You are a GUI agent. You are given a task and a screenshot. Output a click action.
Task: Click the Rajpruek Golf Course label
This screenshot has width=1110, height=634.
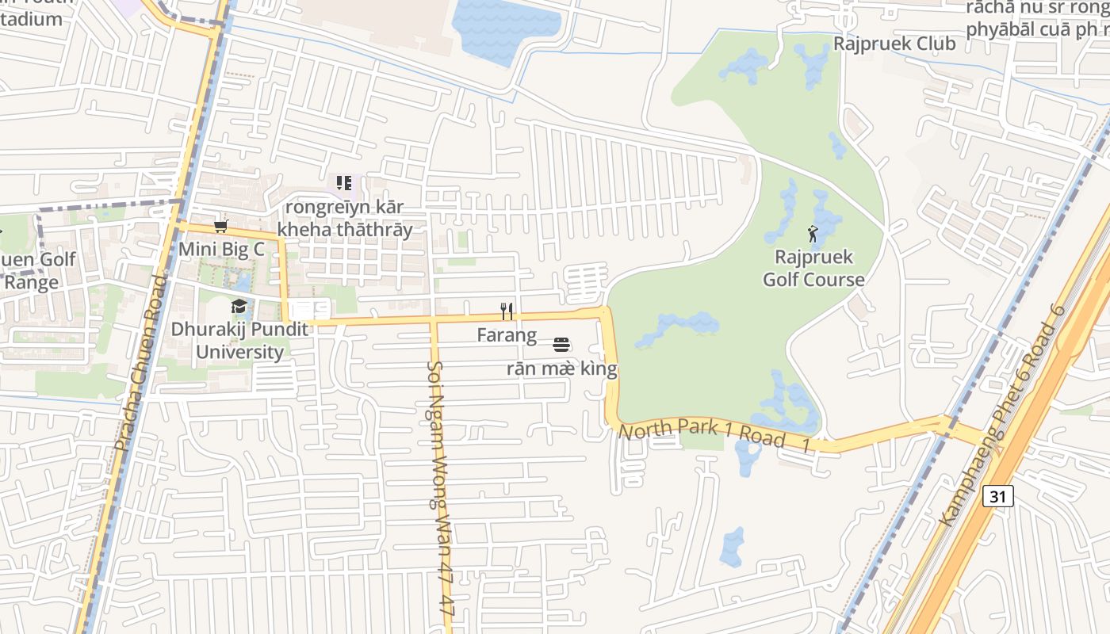(813, 268)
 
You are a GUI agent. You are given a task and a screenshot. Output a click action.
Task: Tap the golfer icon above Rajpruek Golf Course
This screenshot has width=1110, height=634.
(813, 234)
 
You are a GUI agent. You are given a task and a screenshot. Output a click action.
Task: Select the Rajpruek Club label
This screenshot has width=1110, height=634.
(894, 44)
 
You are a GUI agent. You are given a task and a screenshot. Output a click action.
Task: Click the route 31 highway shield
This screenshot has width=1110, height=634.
(997, 497)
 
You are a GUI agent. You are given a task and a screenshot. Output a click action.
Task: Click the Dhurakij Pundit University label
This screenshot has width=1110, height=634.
(239, 341)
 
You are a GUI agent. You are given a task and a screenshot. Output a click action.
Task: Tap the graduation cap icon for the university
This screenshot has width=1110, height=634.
(239, 307)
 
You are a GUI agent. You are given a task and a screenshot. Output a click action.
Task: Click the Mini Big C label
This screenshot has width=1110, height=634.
(221, 249)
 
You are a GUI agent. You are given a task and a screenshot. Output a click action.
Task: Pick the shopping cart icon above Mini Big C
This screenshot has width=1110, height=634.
(221, 227)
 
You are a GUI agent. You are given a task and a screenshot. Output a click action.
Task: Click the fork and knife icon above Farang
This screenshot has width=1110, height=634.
(507, 311)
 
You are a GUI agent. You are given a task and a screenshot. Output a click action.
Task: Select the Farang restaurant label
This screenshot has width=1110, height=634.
(507, 335)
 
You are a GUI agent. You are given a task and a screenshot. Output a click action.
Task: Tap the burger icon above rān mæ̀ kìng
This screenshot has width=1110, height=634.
(561, 345)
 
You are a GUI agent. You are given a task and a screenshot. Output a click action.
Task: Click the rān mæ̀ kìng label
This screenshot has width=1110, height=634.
(561, 369)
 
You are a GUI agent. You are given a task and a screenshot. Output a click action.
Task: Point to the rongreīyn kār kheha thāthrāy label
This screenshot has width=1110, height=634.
(345, 218)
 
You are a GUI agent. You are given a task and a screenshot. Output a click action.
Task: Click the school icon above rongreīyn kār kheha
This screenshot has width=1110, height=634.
(344, 184)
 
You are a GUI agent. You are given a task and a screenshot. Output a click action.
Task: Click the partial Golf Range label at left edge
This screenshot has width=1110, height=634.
(36, 271)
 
